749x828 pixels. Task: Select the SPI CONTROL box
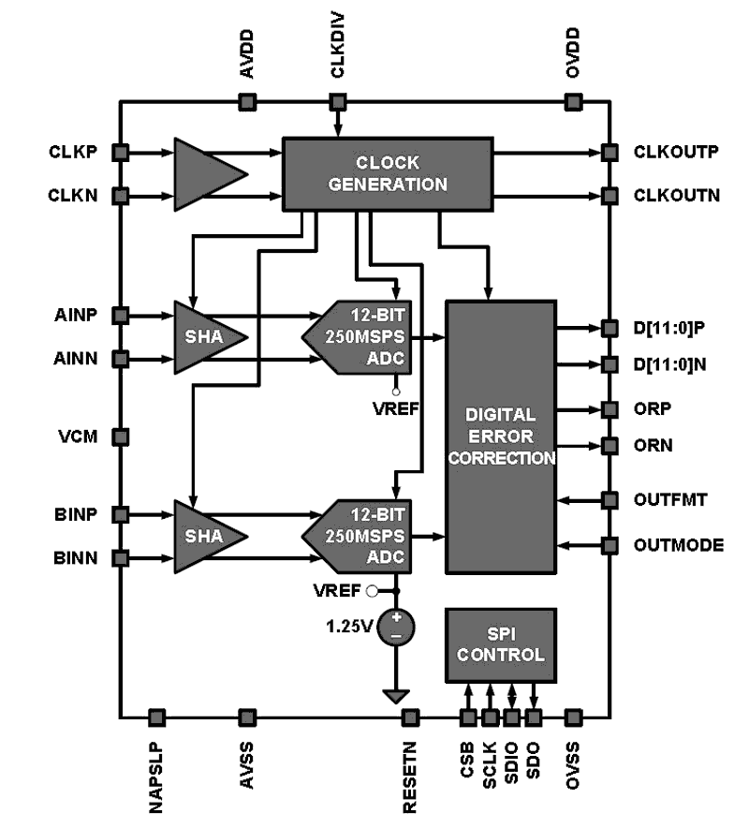(x=500, y=643)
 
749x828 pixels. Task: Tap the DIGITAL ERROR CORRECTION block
(x=500, y=436)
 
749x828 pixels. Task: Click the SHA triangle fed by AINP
(x=206, y=336)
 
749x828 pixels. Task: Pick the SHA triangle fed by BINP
(x=206, y=536)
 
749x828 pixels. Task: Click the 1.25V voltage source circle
(x=397, y=626)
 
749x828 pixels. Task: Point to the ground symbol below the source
(x=397, y=695)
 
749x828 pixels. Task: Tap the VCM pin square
(x=120, y=436)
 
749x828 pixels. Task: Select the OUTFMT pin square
(x=609, y=499)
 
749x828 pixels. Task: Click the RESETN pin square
(x=409, y=717)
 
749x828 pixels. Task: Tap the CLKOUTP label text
(x=676, y=152)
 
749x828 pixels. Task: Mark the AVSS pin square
(x=247, y=717)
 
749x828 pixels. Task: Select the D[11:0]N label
(x=669, y=363)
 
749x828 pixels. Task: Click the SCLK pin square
(x=490, y=717)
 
